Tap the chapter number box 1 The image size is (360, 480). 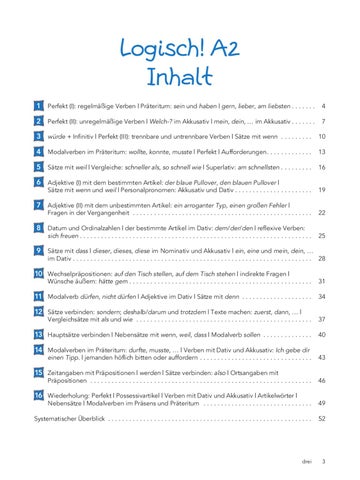click(36, 103)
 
